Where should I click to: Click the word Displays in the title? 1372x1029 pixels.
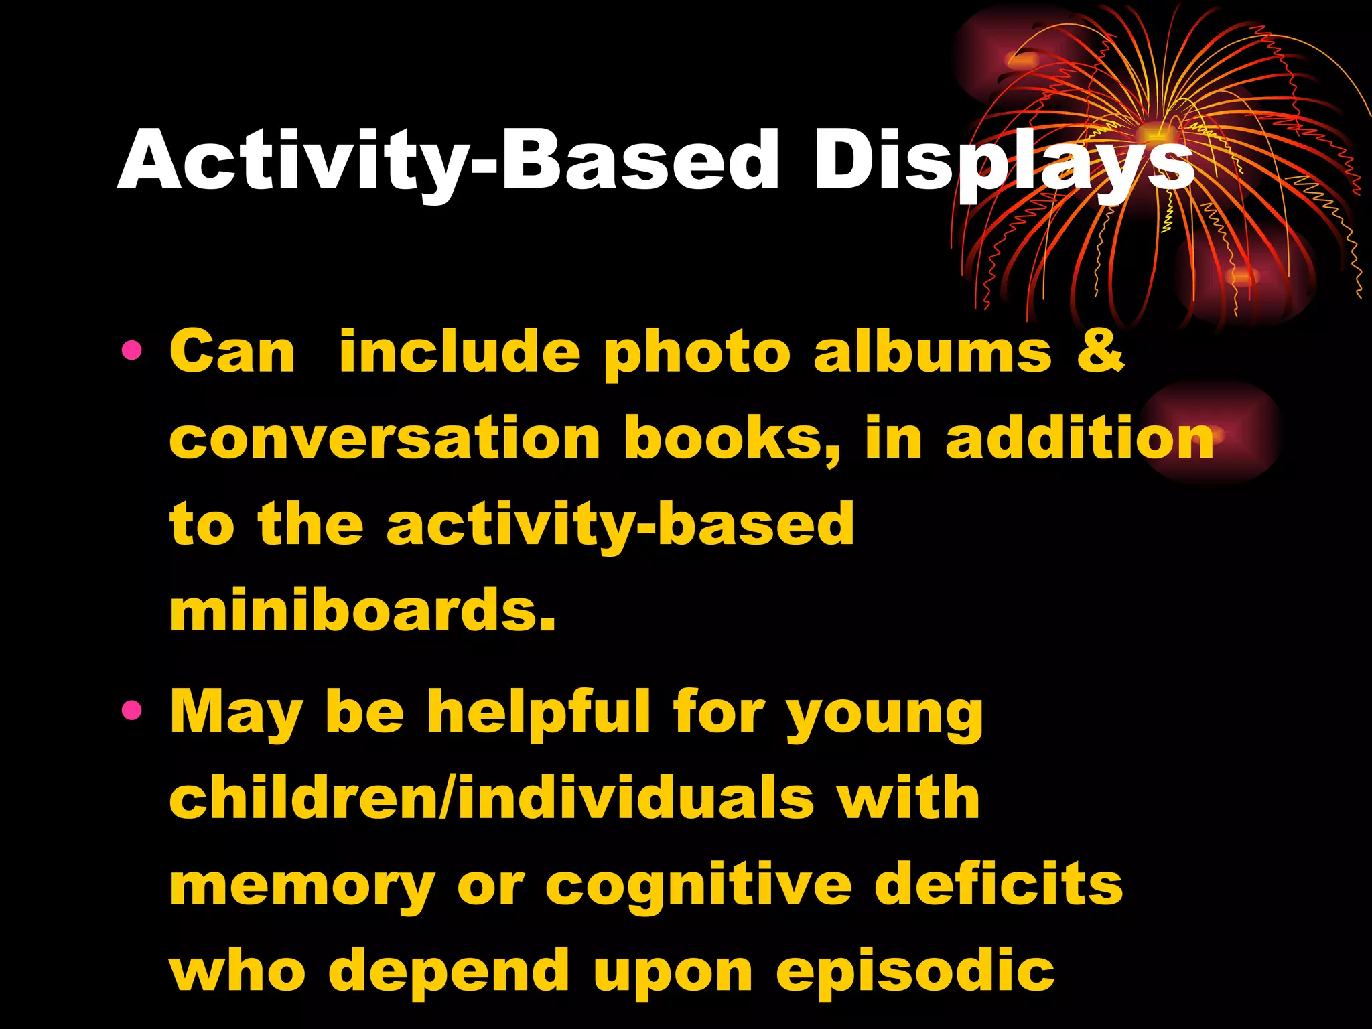(1003, 161)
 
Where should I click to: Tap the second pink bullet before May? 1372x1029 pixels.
(132, 709)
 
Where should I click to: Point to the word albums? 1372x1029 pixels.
(933, 352)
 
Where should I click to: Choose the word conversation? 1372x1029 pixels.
(385, 439)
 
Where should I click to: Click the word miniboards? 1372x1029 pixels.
(362, 610)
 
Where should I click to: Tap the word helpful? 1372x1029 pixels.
(539, 711)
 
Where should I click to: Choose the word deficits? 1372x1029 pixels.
(998, 884)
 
